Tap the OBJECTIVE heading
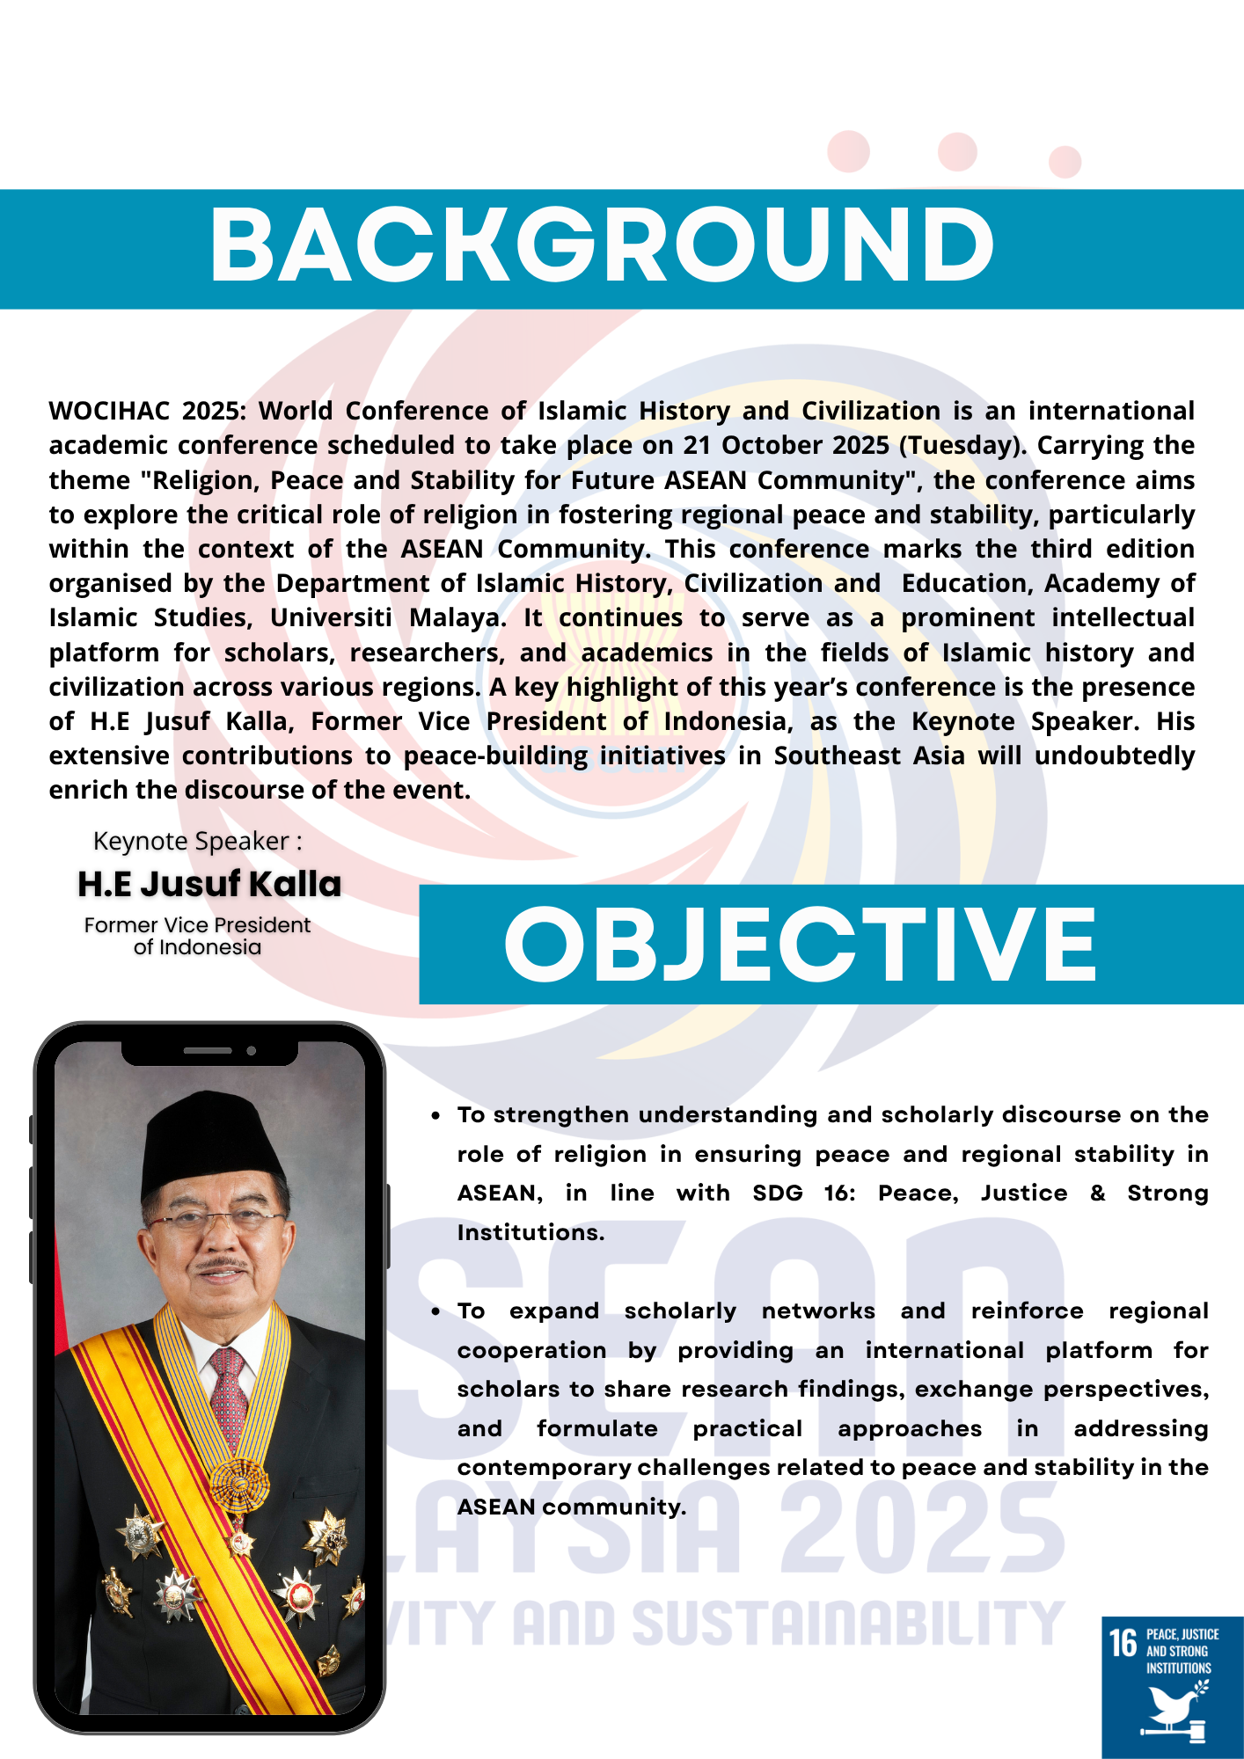coord(800,944)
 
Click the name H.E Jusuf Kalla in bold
coord(209,884)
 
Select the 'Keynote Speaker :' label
coord(197,842)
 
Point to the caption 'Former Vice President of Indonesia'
coord(197,936)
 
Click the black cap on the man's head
coord(211,1139)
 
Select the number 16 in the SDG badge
coord(1123,1643)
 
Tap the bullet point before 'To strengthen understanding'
coord(435,1115)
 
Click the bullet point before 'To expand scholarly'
coord(435,1311)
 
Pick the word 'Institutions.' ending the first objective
coord(531,1232)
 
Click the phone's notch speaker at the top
coord(208,1050)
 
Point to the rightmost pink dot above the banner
coord(1065,162)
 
